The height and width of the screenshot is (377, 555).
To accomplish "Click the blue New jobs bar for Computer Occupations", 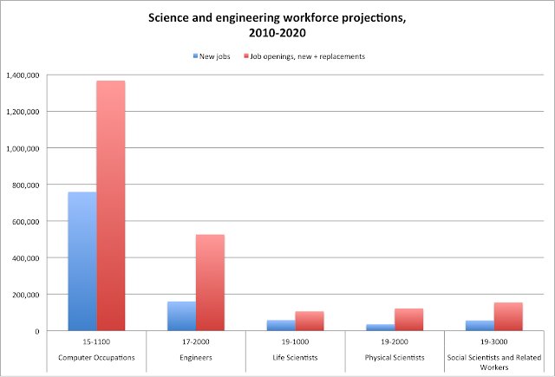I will pyautogui.click(x=82, y=261).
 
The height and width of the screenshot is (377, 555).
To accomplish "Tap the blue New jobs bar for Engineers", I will pyautogui.click(x=181, y=315).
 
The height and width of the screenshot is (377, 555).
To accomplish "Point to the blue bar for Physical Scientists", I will pyautogui.click(x=380, y=327).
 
